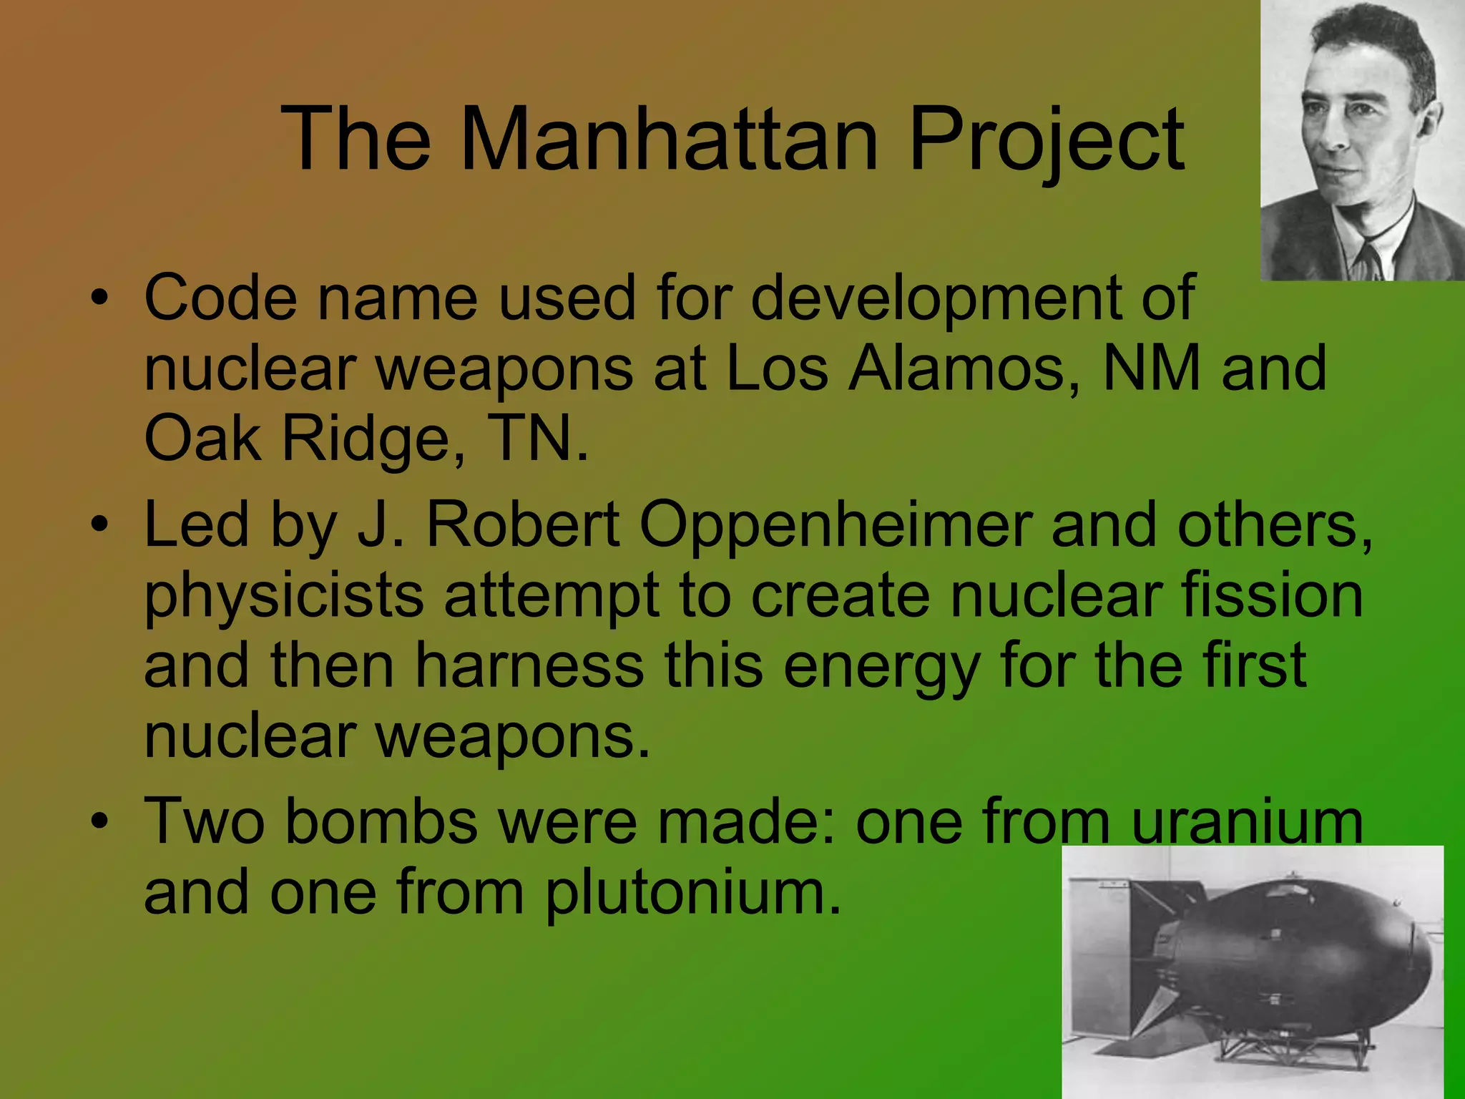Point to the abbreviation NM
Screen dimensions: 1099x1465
pos(1152,368)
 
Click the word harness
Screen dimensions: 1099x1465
pos(529,665)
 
